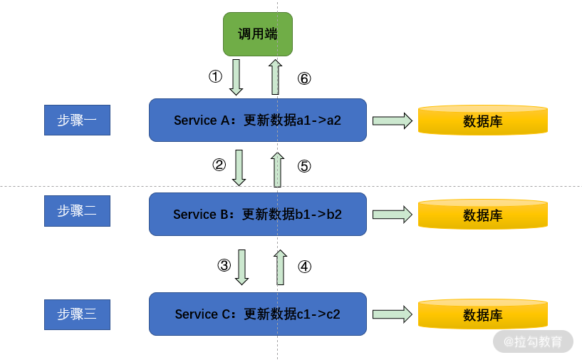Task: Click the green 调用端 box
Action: click(258, 34)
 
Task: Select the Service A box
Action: click(258, 120)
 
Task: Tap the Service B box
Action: click(258, 214)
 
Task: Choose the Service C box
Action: click(258, 314)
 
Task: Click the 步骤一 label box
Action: click(77, 120)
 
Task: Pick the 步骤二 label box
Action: click(77, 210)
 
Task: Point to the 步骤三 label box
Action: click(77, 314)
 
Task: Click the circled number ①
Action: click(215, 76)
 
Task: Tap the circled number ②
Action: click(219, 164)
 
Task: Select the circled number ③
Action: click(224, 265)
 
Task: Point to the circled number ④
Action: click(305, 267)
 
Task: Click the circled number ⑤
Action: click(304, 166)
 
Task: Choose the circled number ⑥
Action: click(304, 78)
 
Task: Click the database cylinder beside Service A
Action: click(483, 120)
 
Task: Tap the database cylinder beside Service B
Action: click(483, 214)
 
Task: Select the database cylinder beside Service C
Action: click(483, 314)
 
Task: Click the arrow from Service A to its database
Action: click(393, 120)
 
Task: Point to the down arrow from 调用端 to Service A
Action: click(236, 77)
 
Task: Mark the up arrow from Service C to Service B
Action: click(280, 267)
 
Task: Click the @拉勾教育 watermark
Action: click(533, 341)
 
